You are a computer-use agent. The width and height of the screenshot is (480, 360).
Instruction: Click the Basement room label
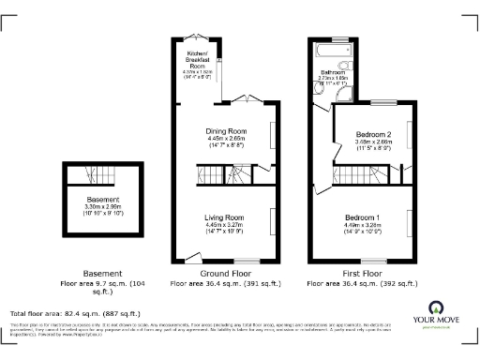[x=103, y=201]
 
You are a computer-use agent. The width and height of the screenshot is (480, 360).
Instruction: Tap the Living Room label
[x=224, y=217]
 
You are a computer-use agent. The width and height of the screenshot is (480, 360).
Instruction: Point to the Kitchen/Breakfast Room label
[x=197, y=59]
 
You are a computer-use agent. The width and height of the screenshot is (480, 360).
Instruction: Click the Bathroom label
[x=334, y=71]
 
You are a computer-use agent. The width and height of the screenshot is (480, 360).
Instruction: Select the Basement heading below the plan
[x=103, y=273]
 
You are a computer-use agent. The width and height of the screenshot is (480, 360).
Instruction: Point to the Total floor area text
[x=75, y=313]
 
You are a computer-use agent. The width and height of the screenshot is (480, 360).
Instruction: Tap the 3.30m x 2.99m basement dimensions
[x=103, y=208]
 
